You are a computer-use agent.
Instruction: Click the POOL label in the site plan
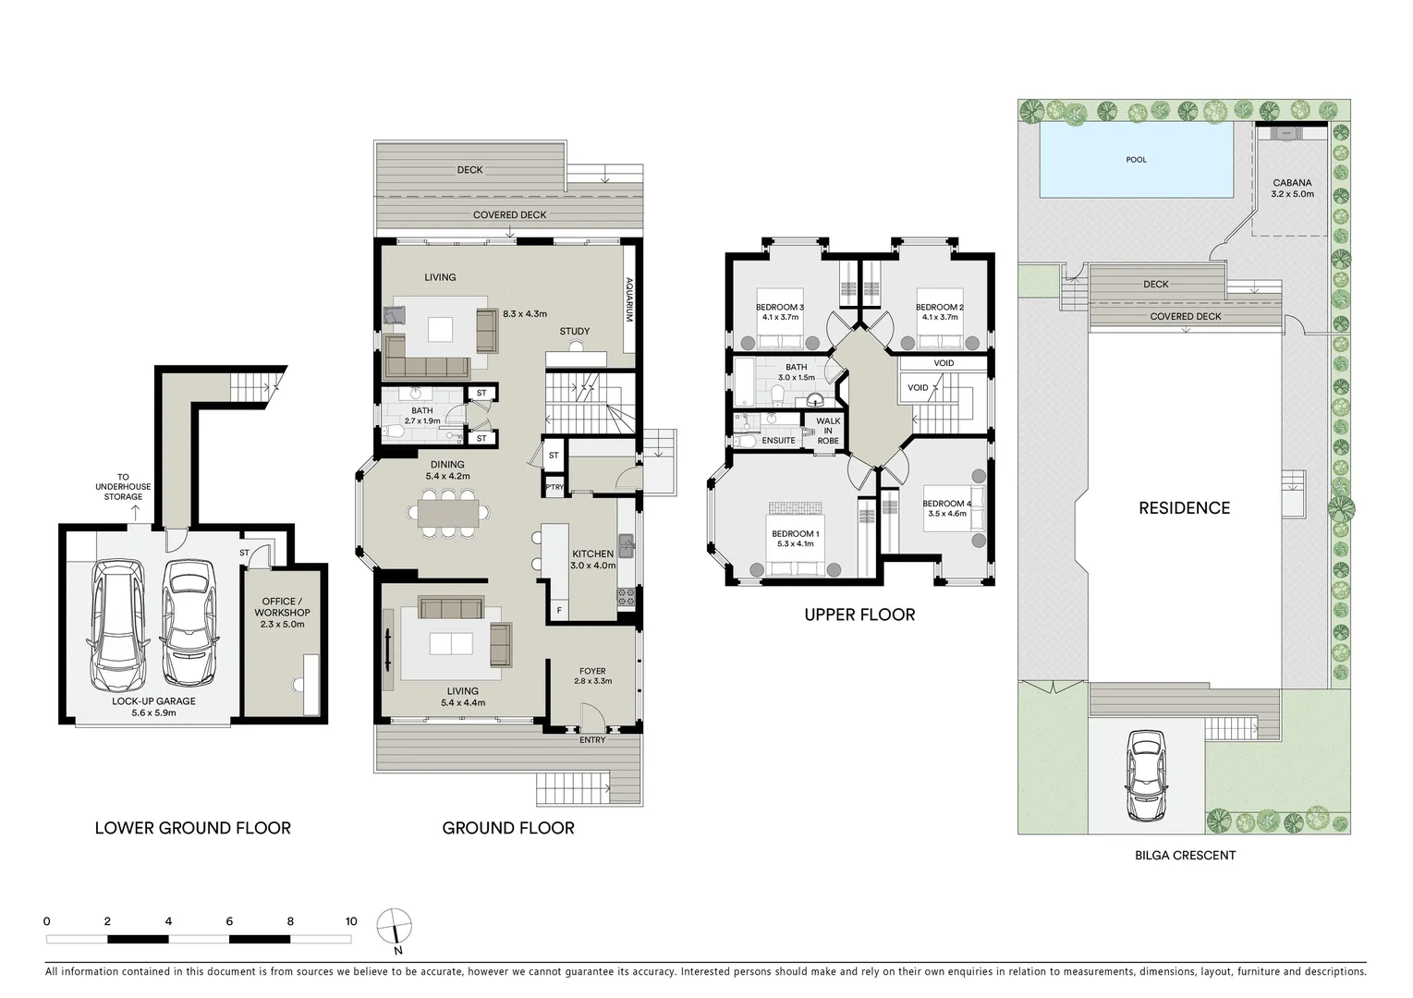tap(1136, 160)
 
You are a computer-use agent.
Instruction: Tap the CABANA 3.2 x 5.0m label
tap(1292, 188)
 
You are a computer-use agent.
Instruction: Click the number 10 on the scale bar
tap(351, 921)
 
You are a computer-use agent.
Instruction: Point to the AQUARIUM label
tap(629, 299)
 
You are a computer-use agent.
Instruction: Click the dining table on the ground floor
tap(447, 513)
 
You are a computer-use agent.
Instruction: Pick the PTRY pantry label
tap(554, 487)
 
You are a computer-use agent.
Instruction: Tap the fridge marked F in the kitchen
tap(559, 610)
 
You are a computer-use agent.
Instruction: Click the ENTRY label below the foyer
tap(591, 740)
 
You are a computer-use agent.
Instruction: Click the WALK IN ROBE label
tap(828, 431)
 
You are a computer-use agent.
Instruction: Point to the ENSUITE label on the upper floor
tap(778, 441)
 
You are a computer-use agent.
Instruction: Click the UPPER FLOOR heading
tap(859, 615)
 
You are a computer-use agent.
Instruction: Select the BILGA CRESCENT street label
tap(1185, 856)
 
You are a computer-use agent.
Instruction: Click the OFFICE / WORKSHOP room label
tap(282, 612)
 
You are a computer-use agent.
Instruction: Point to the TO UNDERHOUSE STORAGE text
tap(123, 487)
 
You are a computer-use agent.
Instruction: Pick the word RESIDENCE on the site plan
tap(1184, 508)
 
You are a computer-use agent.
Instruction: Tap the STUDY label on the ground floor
tap(574, 331)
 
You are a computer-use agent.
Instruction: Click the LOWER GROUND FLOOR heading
tap(192, 828)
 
